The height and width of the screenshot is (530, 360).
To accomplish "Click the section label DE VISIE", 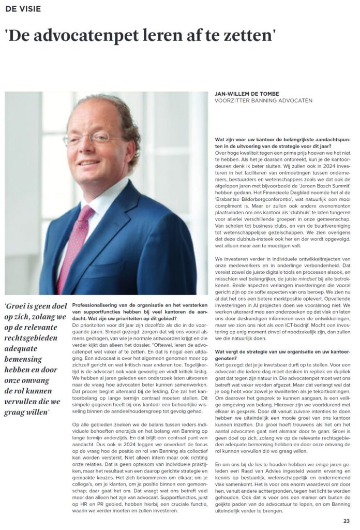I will [x=23, y=9].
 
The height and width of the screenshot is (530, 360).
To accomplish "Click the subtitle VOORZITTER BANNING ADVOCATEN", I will [x=263, y=101].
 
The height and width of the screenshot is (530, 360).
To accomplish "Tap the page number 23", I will [x=346, y=521].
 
